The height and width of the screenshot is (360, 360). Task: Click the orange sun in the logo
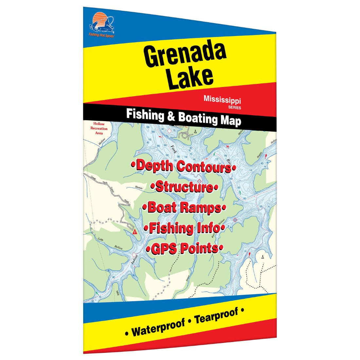click(x=99, y=17)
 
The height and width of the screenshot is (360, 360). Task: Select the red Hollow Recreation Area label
click(x=99, y=129)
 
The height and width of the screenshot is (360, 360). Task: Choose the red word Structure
click(x=185, y=187)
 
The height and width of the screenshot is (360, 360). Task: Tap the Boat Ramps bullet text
click(x=184, y=207)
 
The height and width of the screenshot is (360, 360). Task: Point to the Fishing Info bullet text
click(x=185, y=228)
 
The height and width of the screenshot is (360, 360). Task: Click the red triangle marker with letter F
click(x=135, y=232)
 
